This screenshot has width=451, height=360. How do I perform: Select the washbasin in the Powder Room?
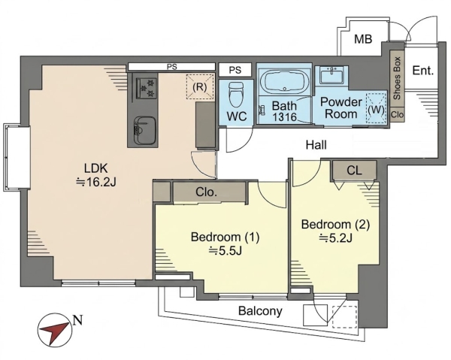[332, 75]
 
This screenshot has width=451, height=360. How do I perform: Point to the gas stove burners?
[146, 86]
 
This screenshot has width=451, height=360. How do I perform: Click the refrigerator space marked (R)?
[200, 87]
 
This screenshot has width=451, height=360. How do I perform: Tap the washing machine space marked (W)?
[376, 109]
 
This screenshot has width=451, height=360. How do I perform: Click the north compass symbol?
[55, 330]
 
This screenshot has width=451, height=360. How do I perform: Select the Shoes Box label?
[397, 78]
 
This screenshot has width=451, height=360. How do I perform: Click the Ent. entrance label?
[422, 71]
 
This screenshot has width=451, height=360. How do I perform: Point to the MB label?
[363, 39]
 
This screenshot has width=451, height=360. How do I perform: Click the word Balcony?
[260, 311]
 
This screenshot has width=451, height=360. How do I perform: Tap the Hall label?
[316, 145]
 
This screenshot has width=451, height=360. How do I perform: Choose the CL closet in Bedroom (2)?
[354, 171]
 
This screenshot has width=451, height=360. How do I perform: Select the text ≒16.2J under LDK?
[95, 182]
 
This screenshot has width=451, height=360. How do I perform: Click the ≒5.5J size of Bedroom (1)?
[225, 251]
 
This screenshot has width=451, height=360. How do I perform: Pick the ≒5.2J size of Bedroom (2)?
[335, 237]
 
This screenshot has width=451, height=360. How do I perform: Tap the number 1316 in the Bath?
[284, 117]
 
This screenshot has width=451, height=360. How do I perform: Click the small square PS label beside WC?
[235, 70]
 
